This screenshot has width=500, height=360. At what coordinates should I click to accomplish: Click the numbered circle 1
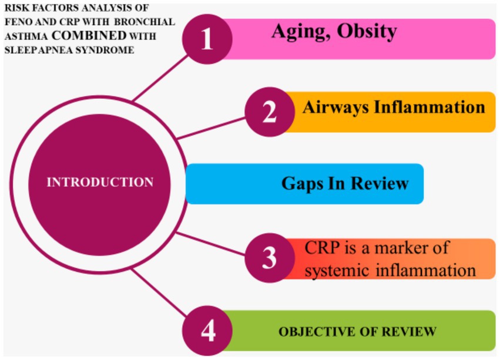207,39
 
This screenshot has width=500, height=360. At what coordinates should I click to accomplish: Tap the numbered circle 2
270,112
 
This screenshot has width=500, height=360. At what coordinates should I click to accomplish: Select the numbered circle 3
270,258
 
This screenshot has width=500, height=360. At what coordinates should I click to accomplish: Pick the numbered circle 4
207,331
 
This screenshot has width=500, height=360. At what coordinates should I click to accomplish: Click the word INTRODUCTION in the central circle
100,182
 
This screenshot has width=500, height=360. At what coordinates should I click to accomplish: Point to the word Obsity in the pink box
367,32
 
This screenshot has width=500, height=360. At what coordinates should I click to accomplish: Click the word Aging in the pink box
301,32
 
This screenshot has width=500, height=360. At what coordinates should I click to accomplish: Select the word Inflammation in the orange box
429,107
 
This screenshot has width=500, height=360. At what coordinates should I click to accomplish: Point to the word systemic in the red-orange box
338,270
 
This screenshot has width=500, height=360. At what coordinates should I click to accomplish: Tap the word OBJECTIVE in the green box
317,332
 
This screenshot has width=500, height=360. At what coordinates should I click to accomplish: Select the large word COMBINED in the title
89,35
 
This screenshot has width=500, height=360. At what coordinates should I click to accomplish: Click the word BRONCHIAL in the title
145,22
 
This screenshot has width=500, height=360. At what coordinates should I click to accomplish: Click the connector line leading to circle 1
160,79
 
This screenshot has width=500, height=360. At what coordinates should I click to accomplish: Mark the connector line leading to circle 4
159,292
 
